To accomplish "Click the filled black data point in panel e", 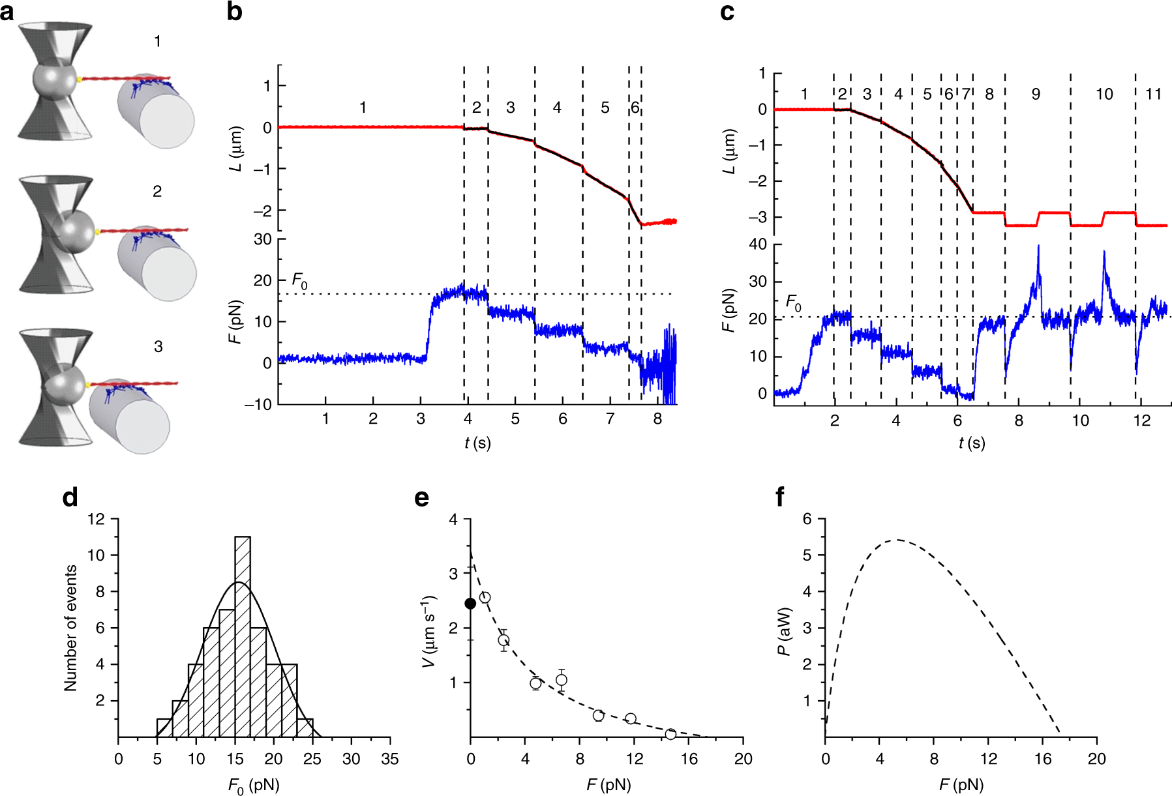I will click(x=470, y=604).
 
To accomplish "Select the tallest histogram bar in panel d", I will click(x=243, y=636).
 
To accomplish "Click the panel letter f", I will click(x=779, y=498).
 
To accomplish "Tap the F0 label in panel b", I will click(x=299, y=282).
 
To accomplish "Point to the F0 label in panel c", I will click(x=793, y=303).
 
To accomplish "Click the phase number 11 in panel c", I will click(x=1153, y=95).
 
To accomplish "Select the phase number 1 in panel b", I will click(x=363, y=108).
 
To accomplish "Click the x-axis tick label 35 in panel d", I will click(x=390, y=759).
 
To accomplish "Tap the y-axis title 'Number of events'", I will click(x=71, y=628).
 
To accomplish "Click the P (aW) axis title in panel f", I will click(x=785, y=631).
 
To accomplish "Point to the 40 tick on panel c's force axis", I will click(x=759, y=244).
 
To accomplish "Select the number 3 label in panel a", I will click(x=158, y=347).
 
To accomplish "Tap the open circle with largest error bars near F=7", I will click(x=562, y=680).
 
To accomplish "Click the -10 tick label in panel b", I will click(x=258, y=405).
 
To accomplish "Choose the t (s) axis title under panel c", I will click(x=971, y=443).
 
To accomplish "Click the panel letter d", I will click(x=70, y=498).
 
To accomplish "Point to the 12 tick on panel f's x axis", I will click(x=988, y=759).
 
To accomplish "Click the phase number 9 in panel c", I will click(x=1036, y=95).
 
